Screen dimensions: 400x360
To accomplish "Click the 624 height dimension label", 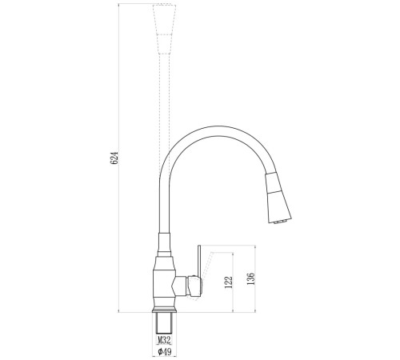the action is pyautogui.click(x=114, y=158).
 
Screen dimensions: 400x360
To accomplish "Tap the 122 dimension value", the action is pyautogui.click(x=229, y=282).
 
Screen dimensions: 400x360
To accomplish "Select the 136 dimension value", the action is pyautogui.click(x=251, y=279).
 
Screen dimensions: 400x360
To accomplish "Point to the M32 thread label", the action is pyautogui.click(x=164, y=340).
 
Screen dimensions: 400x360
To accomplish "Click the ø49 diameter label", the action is pyautogui.click(x=164, y=352).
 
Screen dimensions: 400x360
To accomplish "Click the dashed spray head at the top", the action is pyautogui.click(x=164, y=30).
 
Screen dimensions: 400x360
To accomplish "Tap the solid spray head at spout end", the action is pyautogui.click(x=278, y=198).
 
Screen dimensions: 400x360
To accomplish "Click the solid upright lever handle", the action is pyautogui.click(x=199, y=262).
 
